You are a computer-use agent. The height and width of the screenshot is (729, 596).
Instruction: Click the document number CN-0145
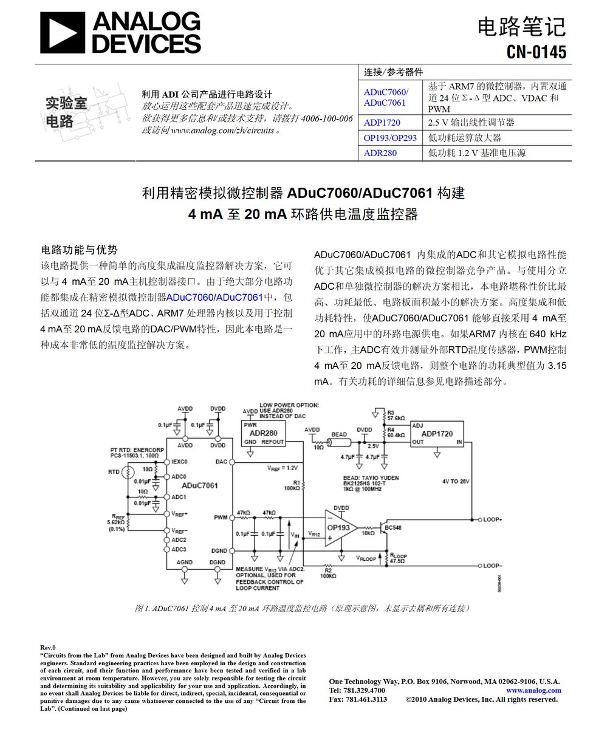(536, 52)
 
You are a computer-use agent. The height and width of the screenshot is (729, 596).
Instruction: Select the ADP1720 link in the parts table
(382, 123)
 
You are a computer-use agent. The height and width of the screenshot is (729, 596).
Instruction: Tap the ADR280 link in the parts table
(380, 153)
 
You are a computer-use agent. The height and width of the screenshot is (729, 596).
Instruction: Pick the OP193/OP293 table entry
(390, 138)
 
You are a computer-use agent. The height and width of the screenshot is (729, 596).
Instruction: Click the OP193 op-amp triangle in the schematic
(340, 527)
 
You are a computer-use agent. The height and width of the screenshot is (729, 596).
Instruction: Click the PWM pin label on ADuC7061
(221, 518)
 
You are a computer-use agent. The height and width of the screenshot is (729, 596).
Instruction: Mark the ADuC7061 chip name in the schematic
(200, 485)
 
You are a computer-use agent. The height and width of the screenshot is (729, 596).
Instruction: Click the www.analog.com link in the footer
(533, 690)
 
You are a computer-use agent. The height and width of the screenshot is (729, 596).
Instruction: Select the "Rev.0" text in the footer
(47, 648)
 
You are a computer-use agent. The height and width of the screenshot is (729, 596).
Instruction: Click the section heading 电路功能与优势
(78, 250)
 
